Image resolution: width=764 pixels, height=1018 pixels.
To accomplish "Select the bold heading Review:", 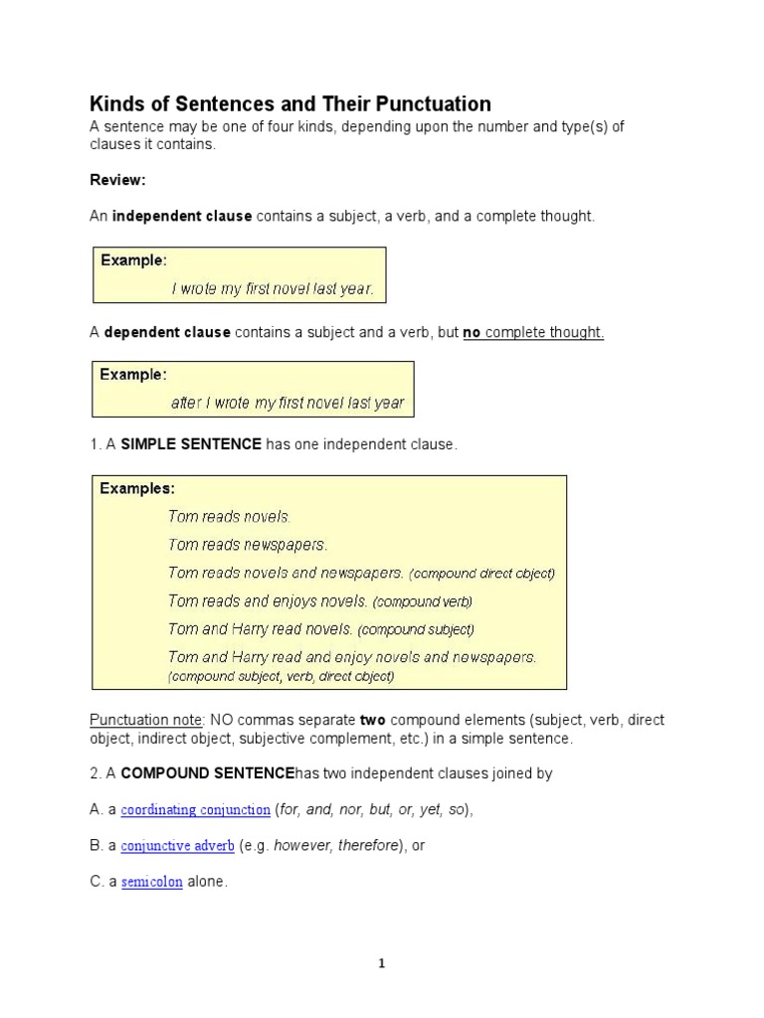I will (x=117, y=180).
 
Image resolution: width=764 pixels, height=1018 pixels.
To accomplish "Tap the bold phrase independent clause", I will (x=182, y=216).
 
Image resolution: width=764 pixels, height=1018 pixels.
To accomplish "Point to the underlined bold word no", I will (x=472, y=332).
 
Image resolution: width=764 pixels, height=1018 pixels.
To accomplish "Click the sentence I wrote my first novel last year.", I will (x=273, y=288).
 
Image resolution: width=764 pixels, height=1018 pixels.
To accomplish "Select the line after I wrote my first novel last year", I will (x=287, y=403).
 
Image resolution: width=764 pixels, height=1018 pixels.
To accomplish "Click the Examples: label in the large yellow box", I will (x=137, y=488).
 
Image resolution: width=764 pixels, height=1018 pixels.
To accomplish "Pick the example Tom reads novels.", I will (x=229, y=517).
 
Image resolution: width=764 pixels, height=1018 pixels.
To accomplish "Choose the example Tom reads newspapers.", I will (x=248, y=545).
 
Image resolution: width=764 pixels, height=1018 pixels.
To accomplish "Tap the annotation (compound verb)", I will (x=423, y=601).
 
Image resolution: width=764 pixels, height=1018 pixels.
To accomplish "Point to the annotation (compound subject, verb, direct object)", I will (x=281, y=676).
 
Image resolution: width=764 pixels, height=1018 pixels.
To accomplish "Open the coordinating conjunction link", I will (x=195, y=810).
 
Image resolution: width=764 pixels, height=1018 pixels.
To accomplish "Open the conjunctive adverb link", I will (x=177, y=846).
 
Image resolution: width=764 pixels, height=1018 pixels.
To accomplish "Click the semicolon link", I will (x=151, y=882).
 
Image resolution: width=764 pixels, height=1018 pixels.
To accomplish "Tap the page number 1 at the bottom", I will (x=382, y=963).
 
